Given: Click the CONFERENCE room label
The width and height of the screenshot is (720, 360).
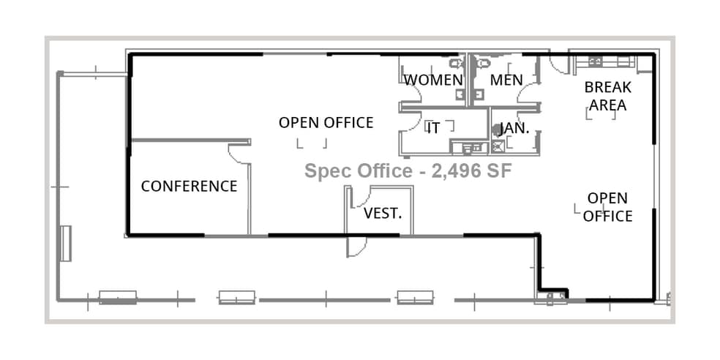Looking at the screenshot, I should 189,187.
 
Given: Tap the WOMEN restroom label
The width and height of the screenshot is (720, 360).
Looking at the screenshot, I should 433,80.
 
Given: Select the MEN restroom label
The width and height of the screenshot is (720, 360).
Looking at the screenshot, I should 506,80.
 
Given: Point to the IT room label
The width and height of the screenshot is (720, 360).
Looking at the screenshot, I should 434,128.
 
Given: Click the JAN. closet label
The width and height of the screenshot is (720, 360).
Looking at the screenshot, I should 514,128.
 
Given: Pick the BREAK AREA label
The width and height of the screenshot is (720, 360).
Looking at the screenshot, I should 607,96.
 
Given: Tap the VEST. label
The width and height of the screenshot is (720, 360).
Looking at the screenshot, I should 383,214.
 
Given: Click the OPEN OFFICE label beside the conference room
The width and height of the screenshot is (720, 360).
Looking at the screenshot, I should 326,122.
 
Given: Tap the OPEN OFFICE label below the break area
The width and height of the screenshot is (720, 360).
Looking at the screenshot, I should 607,207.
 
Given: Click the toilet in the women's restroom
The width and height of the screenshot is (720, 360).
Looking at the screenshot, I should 457,63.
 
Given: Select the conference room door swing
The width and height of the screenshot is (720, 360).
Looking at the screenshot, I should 239,154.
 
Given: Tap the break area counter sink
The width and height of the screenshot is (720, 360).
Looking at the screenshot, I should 594,61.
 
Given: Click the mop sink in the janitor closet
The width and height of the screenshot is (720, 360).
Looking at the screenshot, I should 498,146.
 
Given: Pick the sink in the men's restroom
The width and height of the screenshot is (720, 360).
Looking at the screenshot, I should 480,94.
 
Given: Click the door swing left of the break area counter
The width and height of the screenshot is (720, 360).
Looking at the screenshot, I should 559,64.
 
